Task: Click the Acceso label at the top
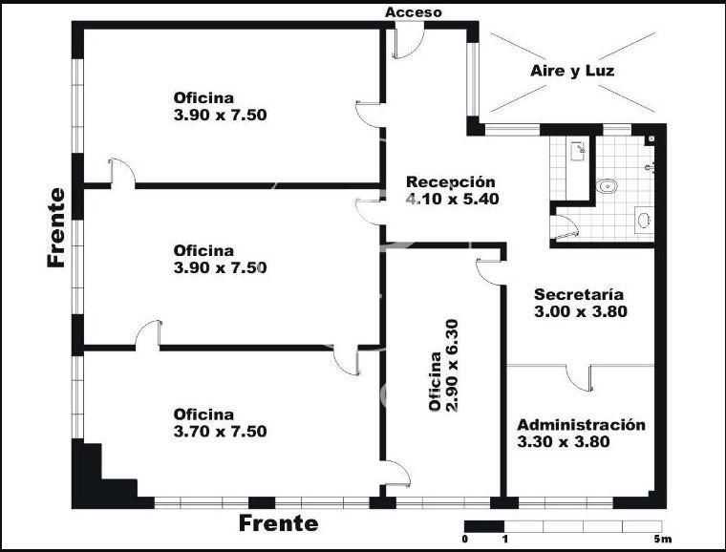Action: (414, 12)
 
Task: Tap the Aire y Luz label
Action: (572, 71)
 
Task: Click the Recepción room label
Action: (451, 181)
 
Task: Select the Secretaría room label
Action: (579, 294)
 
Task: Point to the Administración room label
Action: (581, 425)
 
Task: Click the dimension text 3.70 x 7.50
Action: (220, 432)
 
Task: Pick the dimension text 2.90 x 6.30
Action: (452, 366)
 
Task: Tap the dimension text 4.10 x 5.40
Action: (453, 199)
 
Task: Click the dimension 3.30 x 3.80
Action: (564, 441)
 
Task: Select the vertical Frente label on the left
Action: (56, 227)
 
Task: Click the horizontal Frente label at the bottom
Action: (279, 523)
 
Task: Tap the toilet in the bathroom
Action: (607, 186)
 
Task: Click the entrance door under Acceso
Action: (410, 44)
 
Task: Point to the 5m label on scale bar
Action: (663, 539)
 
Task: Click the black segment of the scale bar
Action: (484, 526)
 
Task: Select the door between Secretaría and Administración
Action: (579, 378)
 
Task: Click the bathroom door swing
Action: (567, 227)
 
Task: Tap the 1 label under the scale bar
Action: (505, 539)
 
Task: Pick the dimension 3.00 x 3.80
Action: (581, 311)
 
